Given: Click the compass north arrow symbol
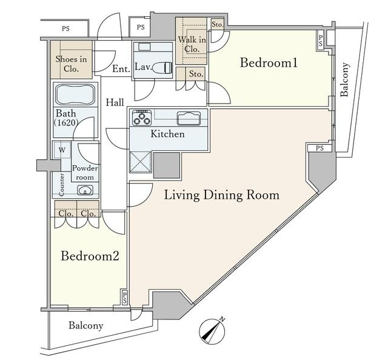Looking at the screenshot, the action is pos(212,331).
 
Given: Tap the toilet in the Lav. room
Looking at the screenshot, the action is pos(162,67).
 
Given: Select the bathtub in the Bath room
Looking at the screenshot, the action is pos(75,95).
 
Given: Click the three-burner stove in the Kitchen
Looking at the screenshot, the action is pos(142,118).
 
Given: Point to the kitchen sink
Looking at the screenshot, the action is pos(189,118).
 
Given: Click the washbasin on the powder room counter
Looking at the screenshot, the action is pos(85,190).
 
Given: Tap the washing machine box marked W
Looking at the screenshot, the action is pos(62,150).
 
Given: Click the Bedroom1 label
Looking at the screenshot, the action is pos(269,62).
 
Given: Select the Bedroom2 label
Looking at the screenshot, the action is pos(90,256).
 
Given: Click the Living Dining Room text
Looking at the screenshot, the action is pos(222,195).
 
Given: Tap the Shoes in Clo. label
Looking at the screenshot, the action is pos(72,64).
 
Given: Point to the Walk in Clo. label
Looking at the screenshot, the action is pos(192,44).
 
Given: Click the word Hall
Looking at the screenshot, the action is pos(115,102).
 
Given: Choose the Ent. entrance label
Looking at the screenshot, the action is pos(121,68).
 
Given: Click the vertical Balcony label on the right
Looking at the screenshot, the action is pos(344,79).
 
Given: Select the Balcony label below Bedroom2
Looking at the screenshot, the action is pos(86,325).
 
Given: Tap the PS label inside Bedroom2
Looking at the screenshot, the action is pos(125,298).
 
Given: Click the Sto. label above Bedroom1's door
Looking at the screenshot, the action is pos(196,73).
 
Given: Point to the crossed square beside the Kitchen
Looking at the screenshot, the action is pos(141,162).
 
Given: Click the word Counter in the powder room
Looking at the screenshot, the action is pos(62,185).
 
